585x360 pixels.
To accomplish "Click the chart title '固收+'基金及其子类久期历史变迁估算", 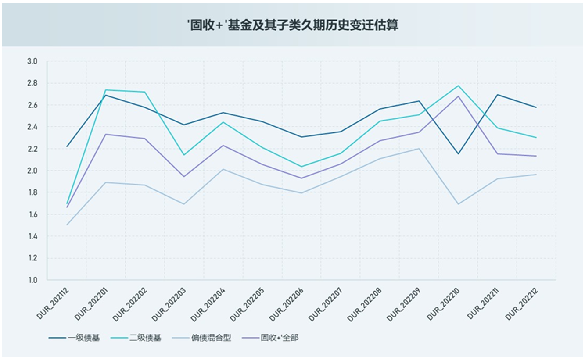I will pos(293,25).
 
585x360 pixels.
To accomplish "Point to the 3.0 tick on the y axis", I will pos(32,61).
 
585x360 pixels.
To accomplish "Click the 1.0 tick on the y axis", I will pos(32,280).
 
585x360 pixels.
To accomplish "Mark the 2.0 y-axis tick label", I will pos(32,171).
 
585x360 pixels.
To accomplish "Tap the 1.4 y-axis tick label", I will pos(32,236).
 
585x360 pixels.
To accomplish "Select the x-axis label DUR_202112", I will pos(54,303).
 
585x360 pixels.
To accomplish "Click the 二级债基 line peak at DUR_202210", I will pos(458,86).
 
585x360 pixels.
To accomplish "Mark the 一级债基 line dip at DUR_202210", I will pos(458,154).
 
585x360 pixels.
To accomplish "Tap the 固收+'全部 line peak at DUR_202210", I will pos(458,96).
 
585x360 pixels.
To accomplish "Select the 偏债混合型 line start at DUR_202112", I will pos(67,225).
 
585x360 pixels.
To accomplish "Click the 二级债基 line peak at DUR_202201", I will pos(106,90).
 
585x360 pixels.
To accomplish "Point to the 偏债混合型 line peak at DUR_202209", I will pos(419,149).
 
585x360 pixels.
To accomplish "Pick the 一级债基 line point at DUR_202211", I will pos(497,94).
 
